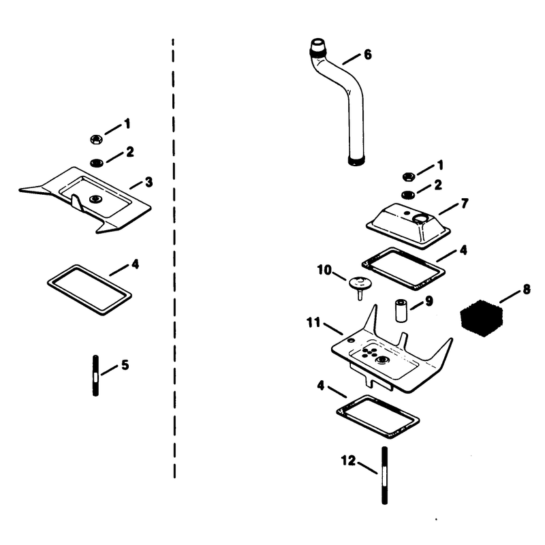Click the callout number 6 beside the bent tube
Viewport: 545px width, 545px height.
(x=368, y=55)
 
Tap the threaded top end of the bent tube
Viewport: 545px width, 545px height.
(x=317, y=47)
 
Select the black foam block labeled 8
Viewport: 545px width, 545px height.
(x=482, y=317)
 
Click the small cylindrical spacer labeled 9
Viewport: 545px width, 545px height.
(x=400, y=310)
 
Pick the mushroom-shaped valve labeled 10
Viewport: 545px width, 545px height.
(x=360, y=287)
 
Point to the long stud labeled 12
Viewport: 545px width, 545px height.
(x=384, y=475)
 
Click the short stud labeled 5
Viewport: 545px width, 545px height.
(x=95, y=375)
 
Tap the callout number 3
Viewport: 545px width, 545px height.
(x=149, y=182)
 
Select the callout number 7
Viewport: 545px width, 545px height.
(x=465, y=203)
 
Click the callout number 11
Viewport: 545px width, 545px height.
(x=313, y=323)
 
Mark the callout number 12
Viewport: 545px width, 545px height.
(x=348, y=461)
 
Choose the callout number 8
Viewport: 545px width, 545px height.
(x=527, y=289)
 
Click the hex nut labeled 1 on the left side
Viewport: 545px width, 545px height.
(x=95, y=140)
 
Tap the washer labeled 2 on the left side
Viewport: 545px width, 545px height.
(x=96, y=162)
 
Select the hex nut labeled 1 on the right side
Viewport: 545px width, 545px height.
(x=408, y=177)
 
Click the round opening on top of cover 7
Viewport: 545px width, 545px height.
(x=420, y=218)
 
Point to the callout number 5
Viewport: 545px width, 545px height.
(x=125, y=365)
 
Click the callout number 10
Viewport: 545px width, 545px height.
(x=324, y=270)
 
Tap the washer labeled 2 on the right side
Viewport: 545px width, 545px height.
(x=407, y=195)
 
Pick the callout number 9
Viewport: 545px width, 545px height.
(x=429, y=301)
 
